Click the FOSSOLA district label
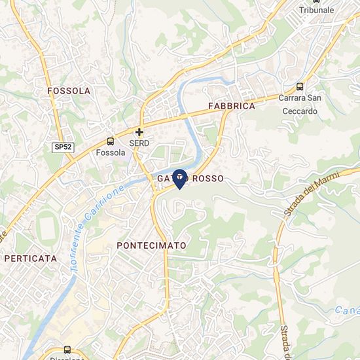[x=69, y=90]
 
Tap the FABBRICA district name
[x=231, y=105]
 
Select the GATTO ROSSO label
[x=190, y=179]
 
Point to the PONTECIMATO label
[x=151, y=245]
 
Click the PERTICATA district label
[x=31, y=259]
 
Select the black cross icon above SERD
[x=139, y=132]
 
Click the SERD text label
[x=139, y=143]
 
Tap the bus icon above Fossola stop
[x=110, y=141]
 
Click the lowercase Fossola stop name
[x=110, y=153]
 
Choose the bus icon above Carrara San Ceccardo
[x=300, y=86]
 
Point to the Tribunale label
[x=316, y=10]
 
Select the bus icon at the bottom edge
[x=67, y=350]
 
